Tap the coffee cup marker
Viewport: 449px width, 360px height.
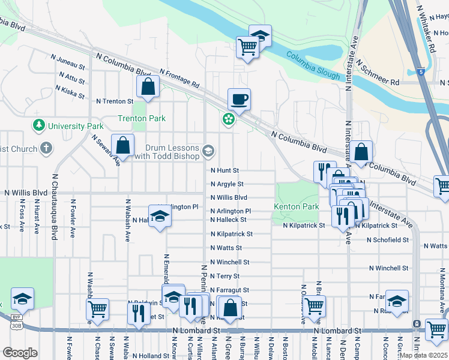239,99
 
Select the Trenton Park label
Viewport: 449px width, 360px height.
141,119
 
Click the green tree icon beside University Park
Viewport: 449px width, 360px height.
39,126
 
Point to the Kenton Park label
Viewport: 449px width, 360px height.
296,206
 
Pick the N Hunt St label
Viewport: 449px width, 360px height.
225,170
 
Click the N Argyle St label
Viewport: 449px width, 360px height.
227,184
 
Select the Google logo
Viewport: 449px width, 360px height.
20,352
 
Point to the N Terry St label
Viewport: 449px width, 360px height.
225,276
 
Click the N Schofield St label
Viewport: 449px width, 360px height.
388,239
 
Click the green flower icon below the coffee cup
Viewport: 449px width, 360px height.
229,119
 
